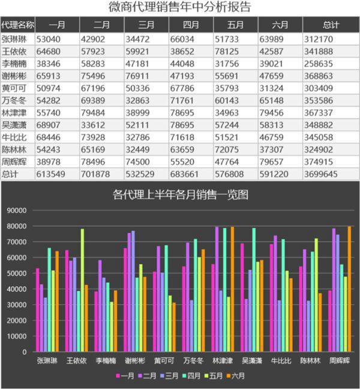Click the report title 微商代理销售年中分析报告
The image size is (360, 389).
(x=179, y=7)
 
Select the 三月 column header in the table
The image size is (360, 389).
(x=146, y=25)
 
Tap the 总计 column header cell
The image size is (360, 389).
(x=330, y=25)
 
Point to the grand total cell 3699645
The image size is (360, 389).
(x=322, y=174)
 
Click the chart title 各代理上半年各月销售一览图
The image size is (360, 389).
(x=180, y=195)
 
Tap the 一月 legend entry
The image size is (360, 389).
(x=124, y=376)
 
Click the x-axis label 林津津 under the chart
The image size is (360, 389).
(x=223, y=361)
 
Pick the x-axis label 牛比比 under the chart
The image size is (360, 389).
(x=281, y=361)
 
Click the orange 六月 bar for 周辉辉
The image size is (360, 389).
(x=349, y=290)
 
